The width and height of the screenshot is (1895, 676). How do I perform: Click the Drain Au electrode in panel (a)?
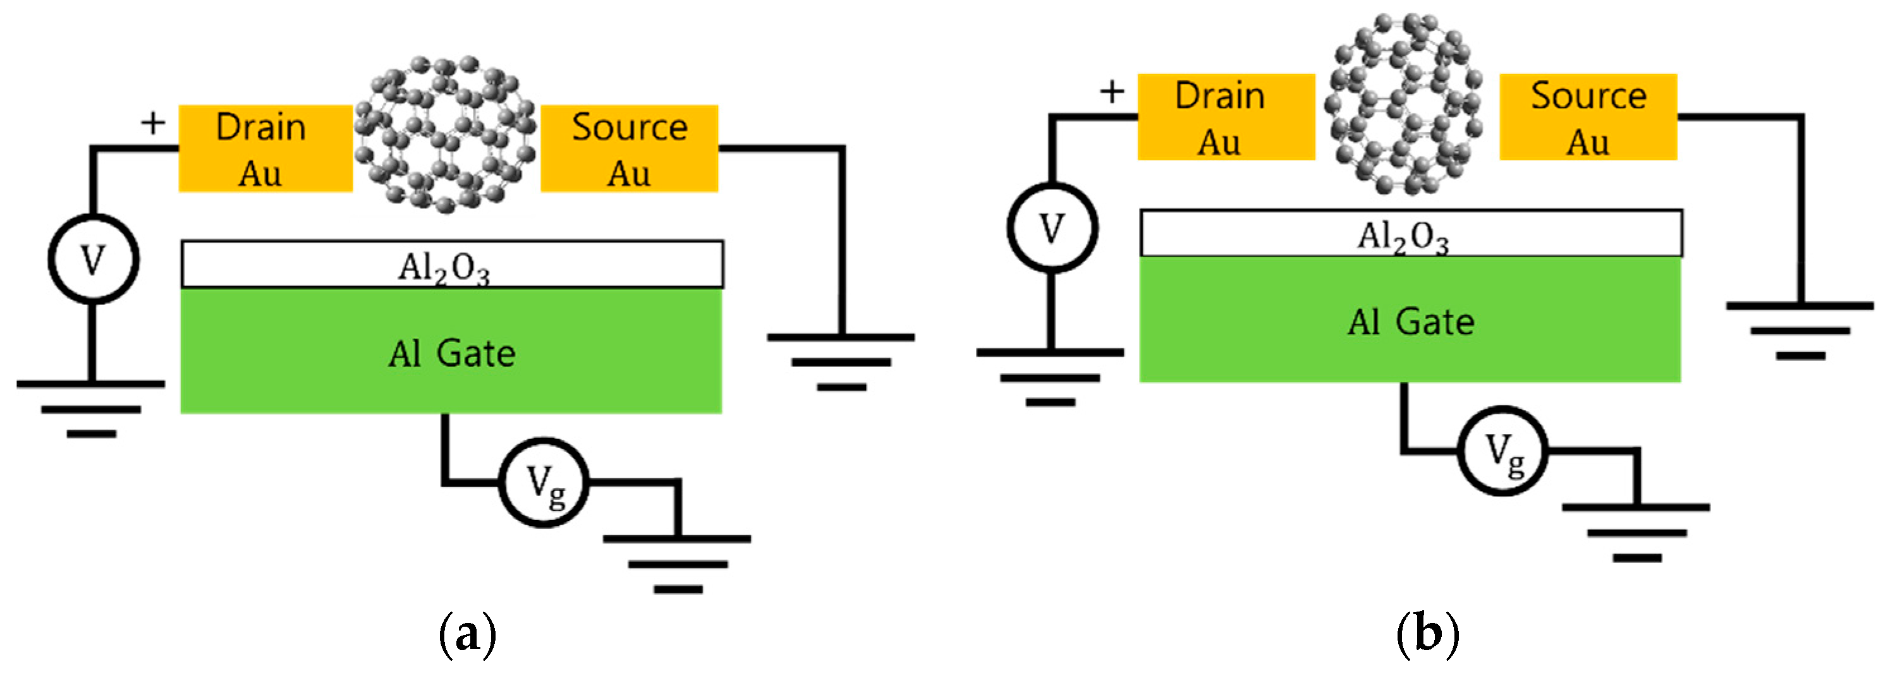tap(265, 148)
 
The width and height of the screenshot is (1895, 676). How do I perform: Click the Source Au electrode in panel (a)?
tap(629, 148)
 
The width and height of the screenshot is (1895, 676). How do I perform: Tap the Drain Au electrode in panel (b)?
tap(1226, 117)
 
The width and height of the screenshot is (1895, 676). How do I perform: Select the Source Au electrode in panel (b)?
tap(1588, 117)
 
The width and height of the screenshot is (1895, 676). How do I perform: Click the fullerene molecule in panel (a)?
tap(446, 135)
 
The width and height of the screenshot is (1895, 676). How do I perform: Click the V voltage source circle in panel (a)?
tap(94, 259)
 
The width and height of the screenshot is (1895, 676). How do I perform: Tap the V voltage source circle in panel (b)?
tap(1052, 228)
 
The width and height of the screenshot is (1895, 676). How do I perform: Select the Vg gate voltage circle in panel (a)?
tap(544, 483)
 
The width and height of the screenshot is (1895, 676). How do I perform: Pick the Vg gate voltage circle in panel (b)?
tap(1502, 450)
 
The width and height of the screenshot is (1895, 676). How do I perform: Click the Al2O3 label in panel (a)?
tap(444, 268)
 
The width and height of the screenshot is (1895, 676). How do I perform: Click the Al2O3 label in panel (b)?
tap(1402, 237)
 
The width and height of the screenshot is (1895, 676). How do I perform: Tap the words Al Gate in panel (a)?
tap(452, 354)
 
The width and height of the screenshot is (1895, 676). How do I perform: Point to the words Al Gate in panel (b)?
tap(1410, 322)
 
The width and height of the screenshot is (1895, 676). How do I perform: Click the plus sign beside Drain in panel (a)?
tap(153, 124)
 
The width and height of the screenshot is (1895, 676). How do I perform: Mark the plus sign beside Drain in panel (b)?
tap(1112, 93)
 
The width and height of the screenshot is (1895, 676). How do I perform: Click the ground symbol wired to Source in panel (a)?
tap(841, 361)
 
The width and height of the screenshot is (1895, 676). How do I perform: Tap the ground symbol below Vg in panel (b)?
tap(1636, 532)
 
